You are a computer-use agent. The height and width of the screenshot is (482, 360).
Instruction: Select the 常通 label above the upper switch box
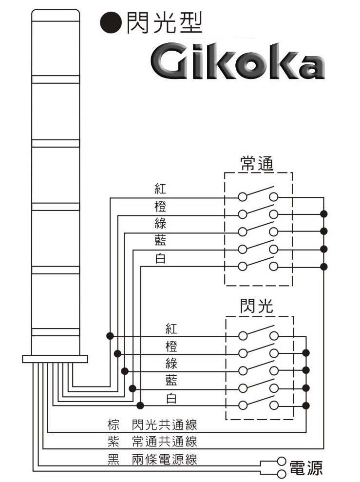[x=257, y=163]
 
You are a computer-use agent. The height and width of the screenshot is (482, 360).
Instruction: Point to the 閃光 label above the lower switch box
[x=257, y=306]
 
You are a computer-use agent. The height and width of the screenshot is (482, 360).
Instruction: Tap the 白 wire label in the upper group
[x=160, y=259]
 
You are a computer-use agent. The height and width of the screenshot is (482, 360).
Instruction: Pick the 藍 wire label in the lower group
[x=171, y=380]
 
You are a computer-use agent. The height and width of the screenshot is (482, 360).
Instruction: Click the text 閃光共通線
[x=164, y=425]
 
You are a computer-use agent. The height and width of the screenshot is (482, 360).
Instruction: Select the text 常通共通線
[x=164, y=442]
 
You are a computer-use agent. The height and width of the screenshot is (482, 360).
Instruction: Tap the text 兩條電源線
[x=164, y=459]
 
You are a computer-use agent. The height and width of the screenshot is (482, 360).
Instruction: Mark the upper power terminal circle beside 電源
[x=281, y=461]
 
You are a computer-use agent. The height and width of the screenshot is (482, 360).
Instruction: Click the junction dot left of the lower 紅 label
[x=110, y=336]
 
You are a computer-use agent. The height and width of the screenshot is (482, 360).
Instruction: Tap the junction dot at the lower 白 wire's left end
[x=140, y=405]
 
